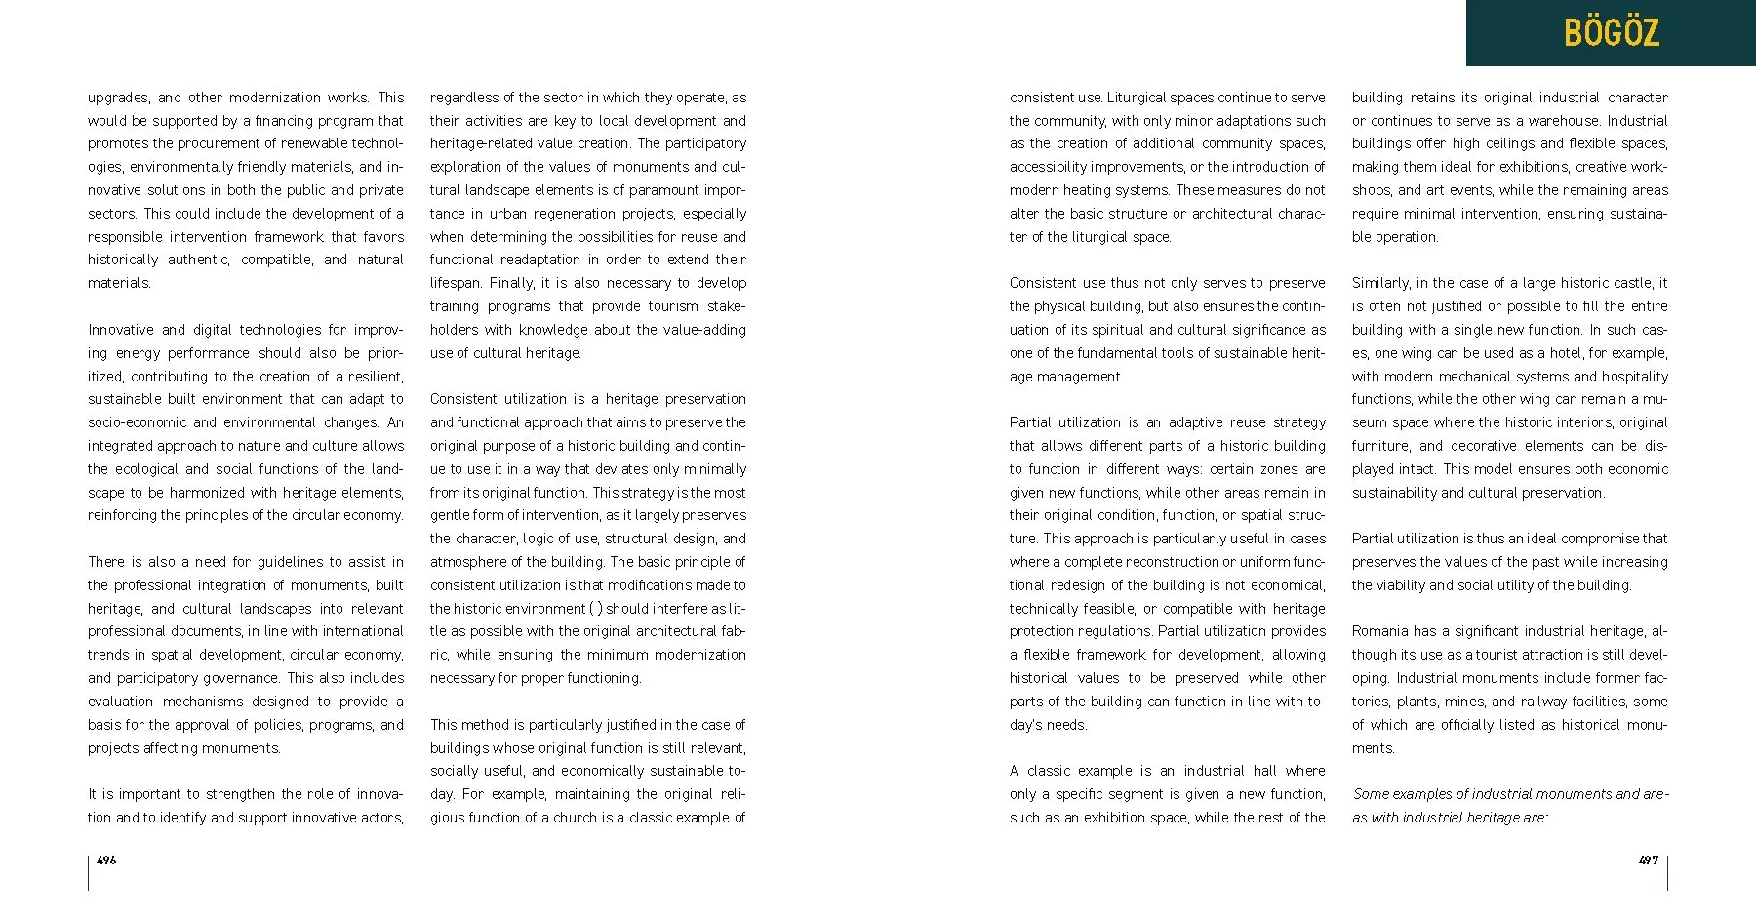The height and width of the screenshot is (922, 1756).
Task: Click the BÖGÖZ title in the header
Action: (x=1611, y=33)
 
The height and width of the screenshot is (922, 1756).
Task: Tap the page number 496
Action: (x=106, y=861)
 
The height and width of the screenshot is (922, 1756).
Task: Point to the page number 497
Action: (x=1648, y=861)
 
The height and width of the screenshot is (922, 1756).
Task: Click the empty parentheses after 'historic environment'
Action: (x=597, y=609)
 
